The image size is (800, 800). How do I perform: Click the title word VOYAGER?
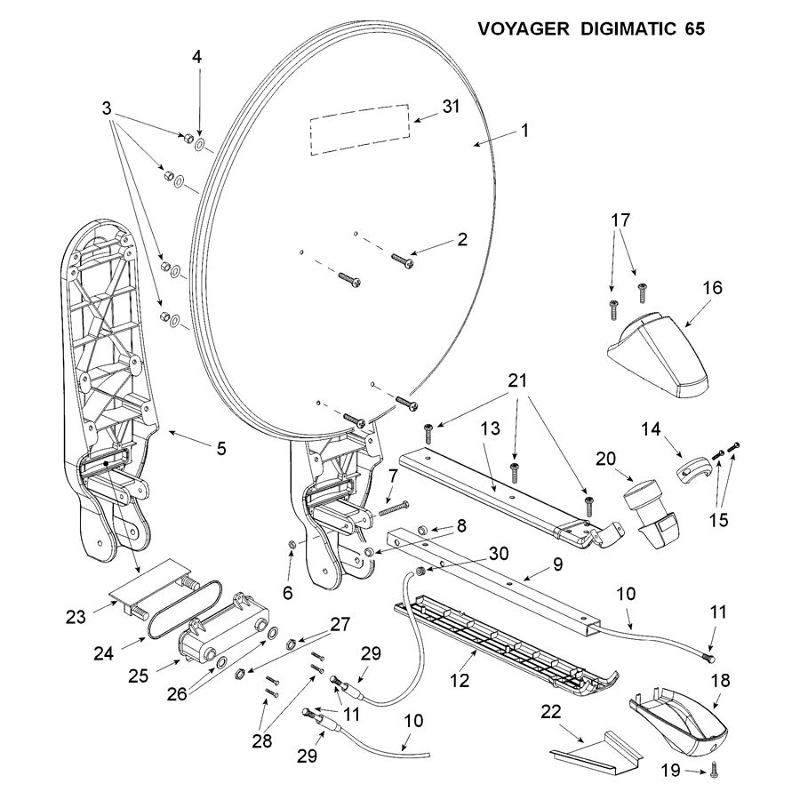[522, 28]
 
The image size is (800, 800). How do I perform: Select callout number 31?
[452, 108]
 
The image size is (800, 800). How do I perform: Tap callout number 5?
[220, 450]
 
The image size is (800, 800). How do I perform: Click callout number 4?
[197, 55]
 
